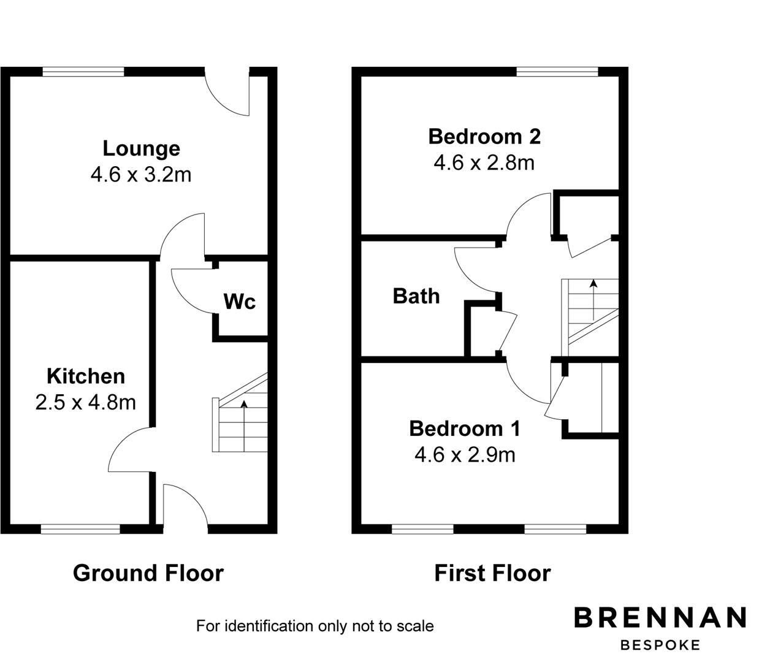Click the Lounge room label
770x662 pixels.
pyautogui.click(x=141, y=148)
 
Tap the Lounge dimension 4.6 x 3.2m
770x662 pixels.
pyautogui.click(x=141, y=175)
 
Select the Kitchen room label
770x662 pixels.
pyautogui.click(x=86, y=376)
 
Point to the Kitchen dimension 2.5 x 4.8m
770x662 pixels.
pyautogui.click(x=86, y=402)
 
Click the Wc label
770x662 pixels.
pyautogui.click(x=239, y=302)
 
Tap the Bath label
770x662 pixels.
pyautogui.click(x=416, y=296)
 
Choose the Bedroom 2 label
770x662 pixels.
pyautogui.click(x=484, y=136)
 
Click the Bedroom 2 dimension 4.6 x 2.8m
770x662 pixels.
pyautogui.click(x=484, y=162)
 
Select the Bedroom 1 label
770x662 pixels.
pyautogui.click(x=465, y=428)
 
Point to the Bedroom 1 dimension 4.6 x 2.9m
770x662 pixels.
pyautogui.click(x=465, y=455)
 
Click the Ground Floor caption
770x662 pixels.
pyautogui.click(x=148, y=573)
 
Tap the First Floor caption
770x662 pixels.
pyautogui.click(x=492, y=573)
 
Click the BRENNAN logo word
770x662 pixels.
pyautogui.click(x=660, y=617)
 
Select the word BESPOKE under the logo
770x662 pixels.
pyautogui.click(x=660, y=645)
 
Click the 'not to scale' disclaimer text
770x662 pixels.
pyautogui.click(x=314, y=626)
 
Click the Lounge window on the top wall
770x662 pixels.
pyautogui.click(x=83, y=72)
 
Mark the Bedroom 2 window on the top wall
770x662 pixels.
pyautogui.click(x=557, y=72)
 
